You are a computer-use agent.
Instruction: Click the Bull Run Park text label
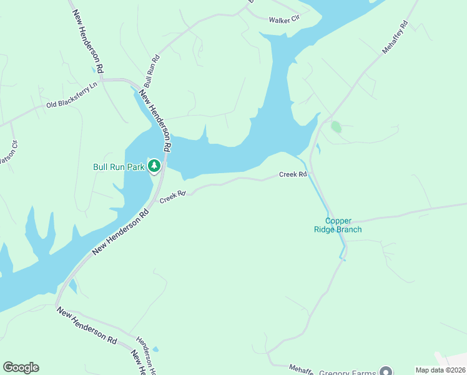(119, 167)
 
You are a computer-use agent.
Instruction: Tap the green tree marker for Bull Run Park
(154, 166)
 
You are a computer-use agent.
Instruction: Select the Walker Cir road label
(285, 20)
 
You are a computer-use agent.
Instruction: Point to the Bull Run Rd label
(152, 71)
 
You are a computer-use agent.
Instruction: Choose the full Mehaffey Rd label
(395, 38)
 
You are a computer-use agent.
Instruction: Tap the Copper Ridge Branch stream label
(338, 225)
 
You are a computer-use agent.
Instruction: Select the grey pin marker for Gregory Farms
(386, 371)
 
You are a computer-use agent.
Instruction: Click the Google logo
(21, 367)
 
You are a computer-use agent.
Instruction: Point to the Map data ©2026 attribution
(440, 370)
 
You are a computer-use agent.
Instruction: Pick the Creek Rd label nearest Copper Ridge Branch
(293, 175)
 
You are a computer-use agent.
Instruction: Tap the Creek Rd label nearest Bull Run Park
(173, 196)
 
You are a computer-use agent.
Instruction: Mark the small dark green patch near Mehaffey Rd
(336, 127)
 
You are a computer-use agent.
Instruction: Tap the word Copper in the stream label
(338, 221)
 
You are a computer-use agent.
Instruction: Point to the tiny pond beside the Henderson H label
(155, 349)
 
